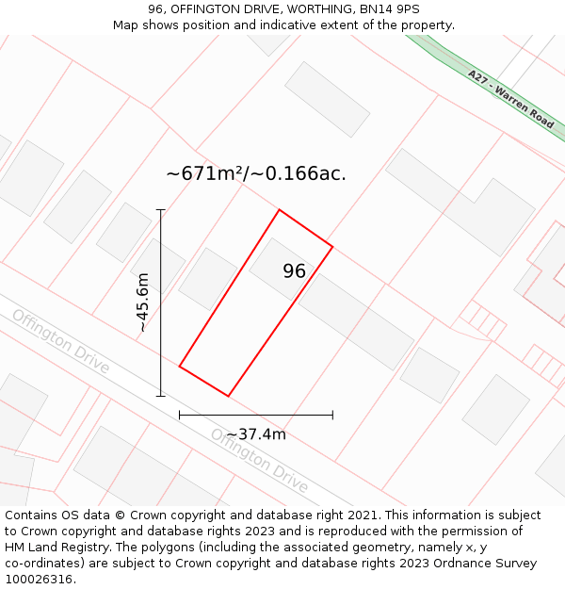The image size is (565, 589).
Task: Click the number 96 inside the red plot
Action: pyautogui.click(x=295, y=271)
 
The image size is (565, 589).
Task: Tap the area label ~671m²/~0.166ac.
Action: pyautogui.click(x=256, y=173)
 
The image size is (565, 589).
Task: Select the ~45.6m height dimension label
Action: pyautogui.click(x=143, y=302)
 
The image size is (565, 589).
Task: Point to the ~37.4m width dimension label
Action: pyautogui.click(x=255, y=434)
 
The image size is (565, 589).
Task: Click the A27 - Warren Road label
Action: pyautogui.click(x=511, y=97)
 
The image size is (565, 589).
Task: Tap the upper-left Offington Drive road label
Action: pyautogui.click(x=61, y=341)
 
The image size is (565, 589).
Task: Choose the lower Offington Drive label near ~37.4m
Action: pyautogui.click(x=259, y=461)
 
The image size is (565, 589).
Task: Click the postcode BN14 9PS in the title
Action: pyautogui.click(x=390, y=9)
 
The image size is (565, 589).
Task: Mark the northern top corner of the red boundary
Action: pyautogui.click(x=279, y=210)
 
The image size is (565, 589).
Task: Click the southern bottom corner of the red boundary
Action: pyautogui.click(x=229, y=396)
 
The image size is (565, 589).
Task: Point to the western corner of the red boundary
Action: pyautogui.click(x=180, y=366)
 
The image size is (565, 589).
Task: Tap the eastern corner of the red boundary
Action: pyautogui.click(x=332, y=247)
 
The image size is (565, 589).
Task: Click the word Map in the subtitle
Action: pyautogui.click(x=125, y=25)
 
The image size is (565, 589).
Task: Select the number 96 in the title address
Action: pyautogui.click(x=156, y=9)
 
